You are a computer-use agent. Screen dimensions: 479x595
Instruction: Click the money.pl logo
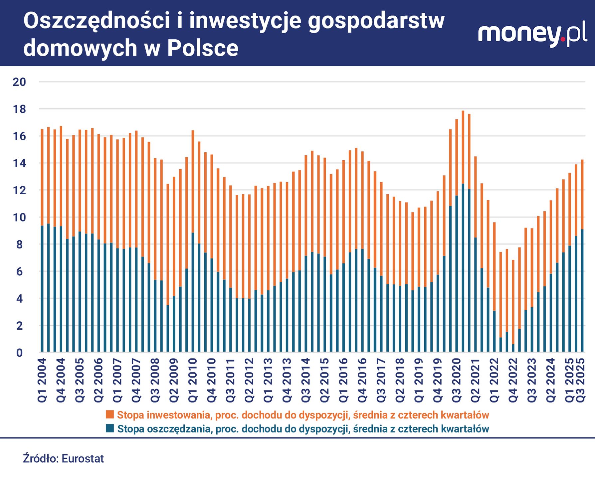coord(532,35)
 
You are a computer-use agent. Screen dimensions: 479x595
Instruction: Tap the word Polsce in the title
coord(203,49)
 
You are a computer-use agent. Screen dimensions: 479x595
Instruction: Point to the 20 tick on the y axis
coord(19,82)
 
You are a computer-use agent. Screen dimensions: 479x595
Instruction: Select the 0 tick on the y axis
coord(20,353)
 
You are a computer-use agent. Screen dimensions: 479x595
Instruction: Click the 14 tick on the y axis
coord(19,163)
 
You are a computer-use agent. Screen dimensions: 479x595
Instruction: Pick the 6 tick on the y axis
coord(20,271)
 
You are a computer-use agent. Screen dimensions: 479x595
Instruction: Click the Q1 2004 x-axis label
coord(42,380)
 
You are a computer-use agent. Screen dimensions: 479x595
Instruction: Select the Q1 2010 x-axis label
coord(193,380)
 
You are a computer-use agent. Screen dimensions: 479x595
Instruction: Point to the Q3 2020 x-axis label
coord(456,380)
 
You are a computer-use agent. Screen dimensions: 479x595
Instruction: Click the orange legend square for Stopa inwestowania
coord(110,414)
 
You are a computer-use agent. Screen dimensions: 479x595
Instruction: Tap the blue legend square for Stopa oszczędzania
coord(110,428)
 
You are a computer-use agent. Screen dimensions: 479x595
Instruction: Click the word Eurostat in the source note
coord(83,458)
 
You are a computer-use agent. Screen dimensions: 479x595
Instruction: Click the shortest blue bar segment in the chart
coord(513,348)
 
